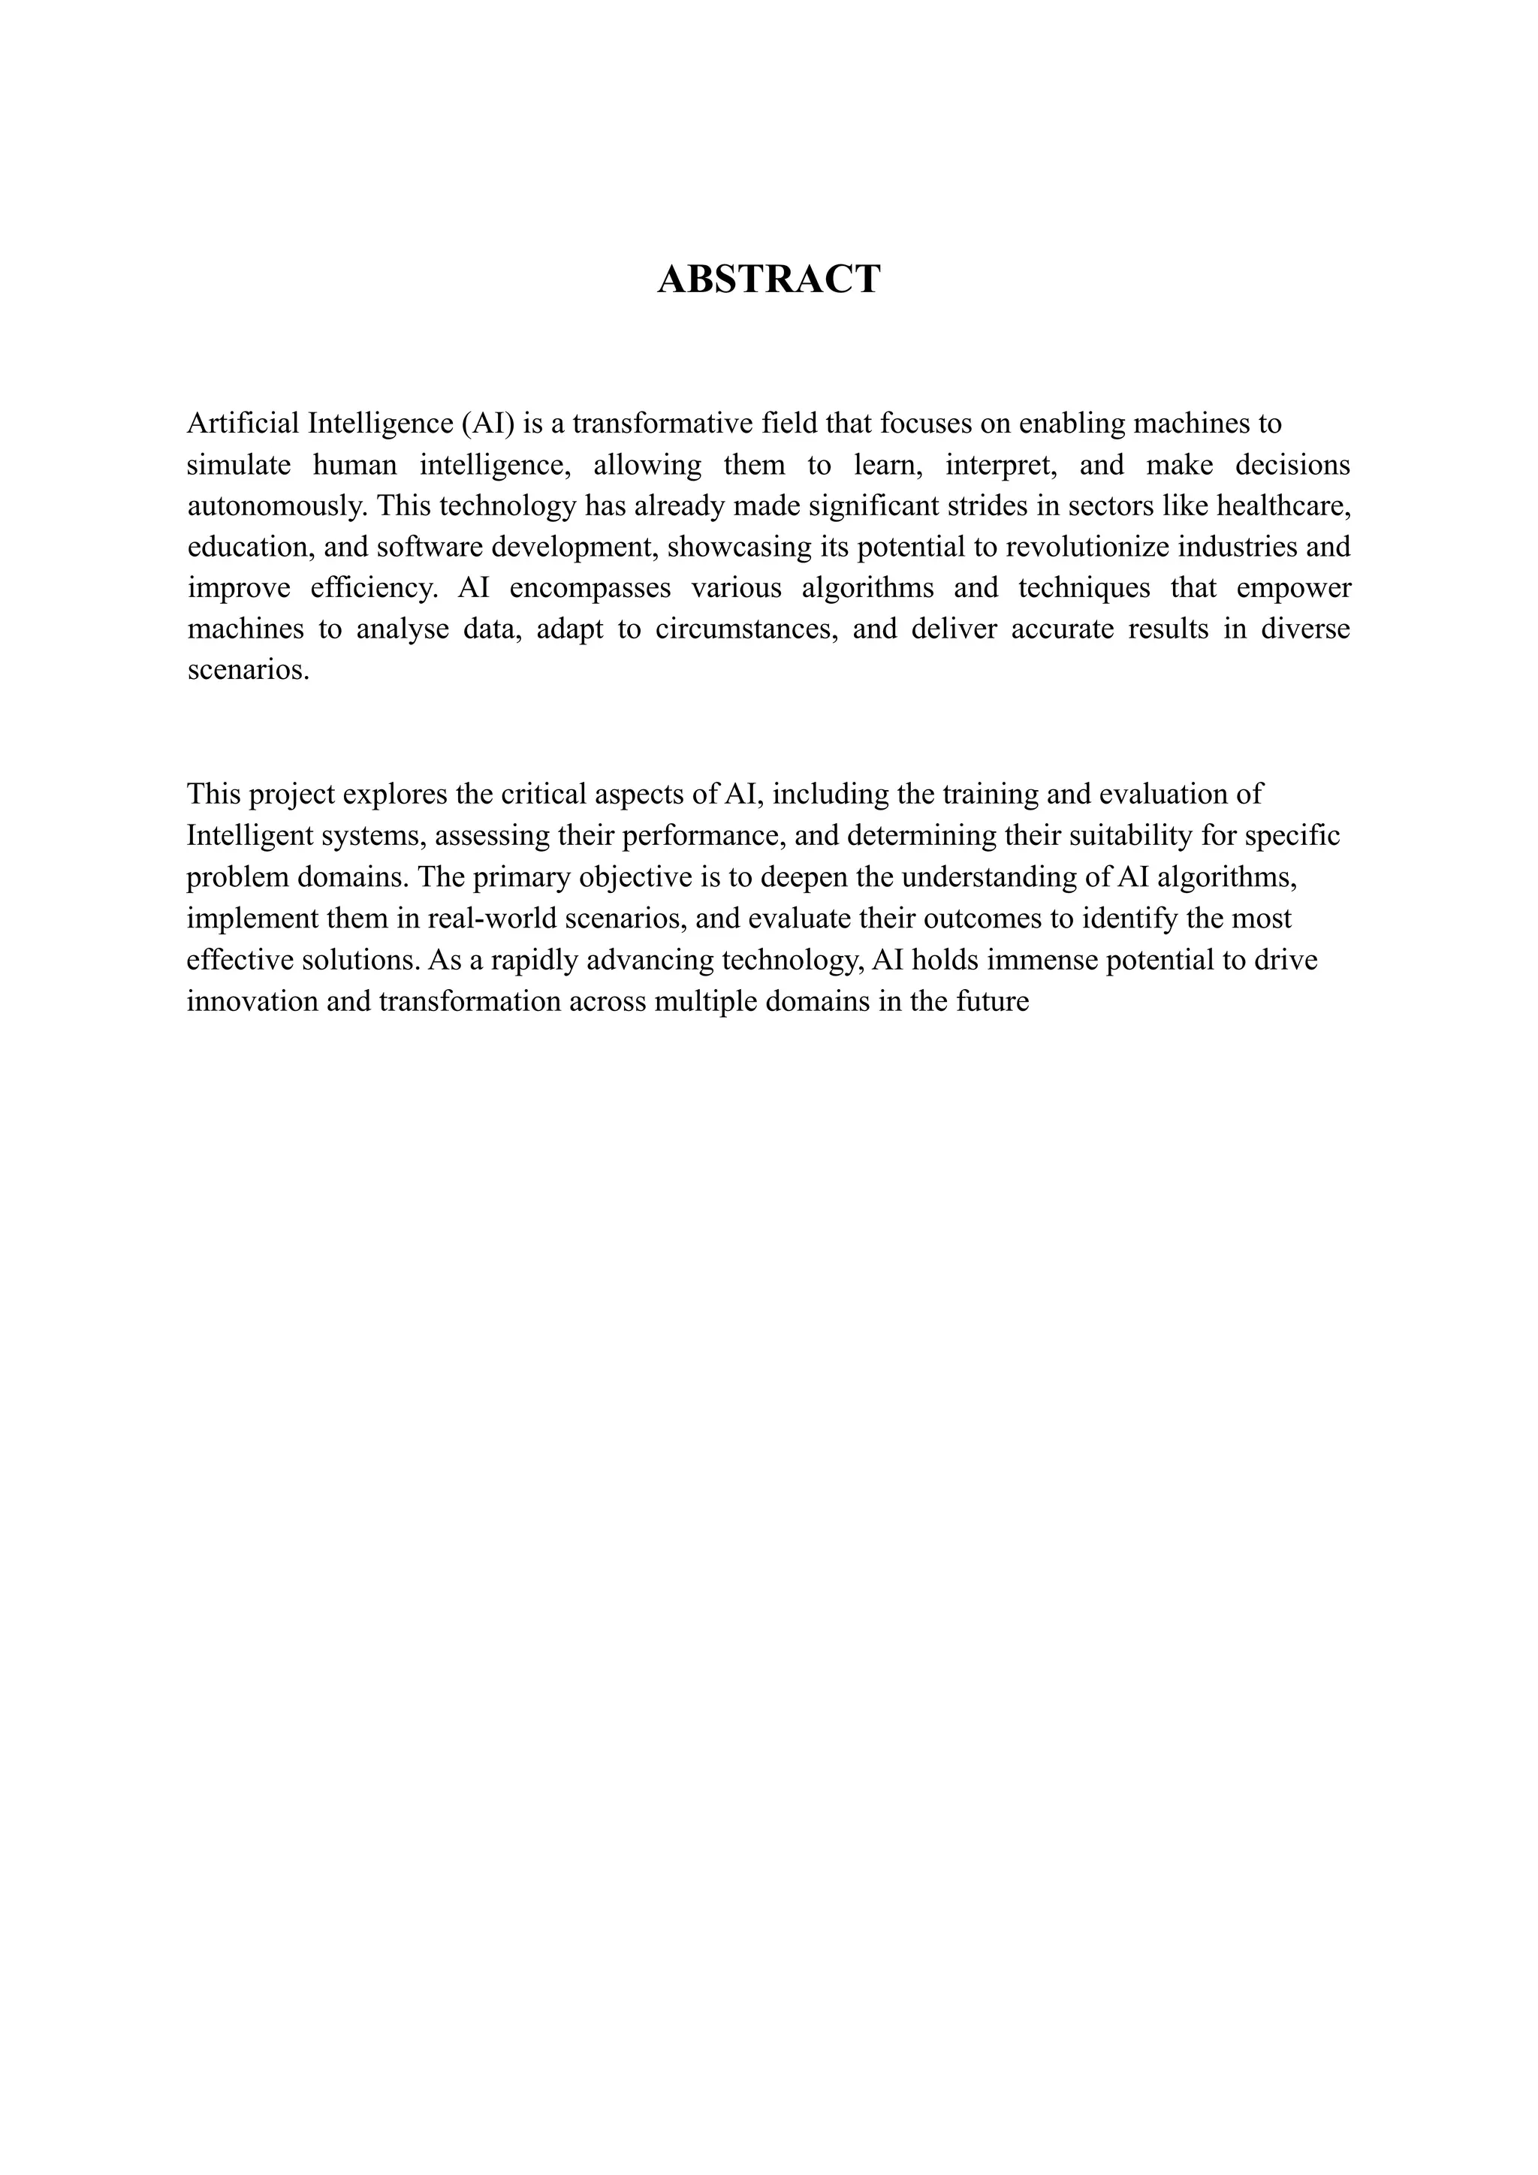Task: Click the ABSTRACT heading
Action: pyautogui.click(x=768, y=279)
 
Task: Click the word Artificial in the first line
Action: pyautogui.click(x=243, y=423)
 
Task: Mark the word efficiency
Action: pyautogui.click(x=374, y=588)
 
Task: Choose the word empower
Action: pyautogui.click(x=1294, y=588)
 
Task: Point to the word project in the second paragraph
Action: pyautogui.click(x=291, y=794)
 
